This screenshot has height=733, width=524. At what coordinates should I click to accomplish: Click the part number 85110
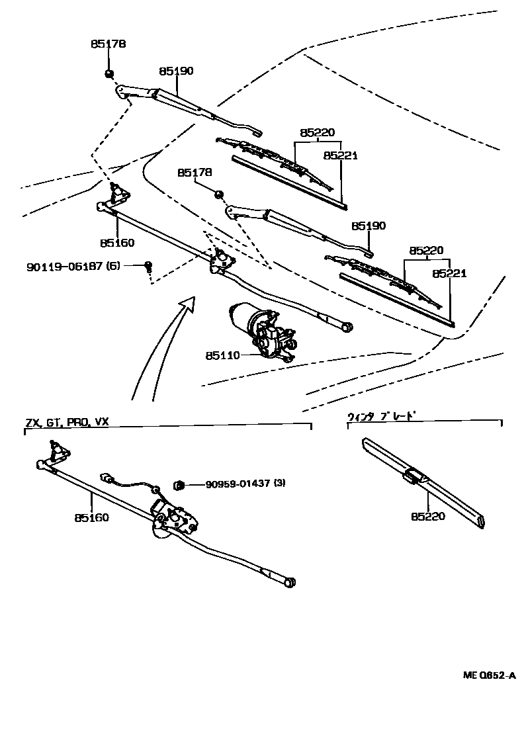point(222,355)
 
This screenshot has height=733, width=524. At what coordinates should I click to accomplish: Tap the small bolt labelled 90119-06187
point(149,266)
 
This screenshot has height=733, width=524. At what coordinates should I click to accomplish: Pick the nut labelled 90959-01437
point(178,486)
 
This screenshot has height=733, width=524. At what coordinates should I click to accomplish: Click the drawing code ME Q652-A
point(488,675)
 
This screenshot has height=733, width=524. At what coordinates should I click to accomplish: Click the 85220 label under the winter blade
point(427,517)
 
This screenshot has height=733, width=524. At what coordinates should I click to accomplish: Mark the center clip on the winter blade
point(415,476)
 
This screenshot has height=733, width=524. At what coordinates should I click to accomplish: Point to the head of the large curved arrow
point(189,304)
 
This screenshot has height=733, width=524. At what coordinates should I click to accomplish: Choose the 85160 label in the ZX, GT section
point(92,517)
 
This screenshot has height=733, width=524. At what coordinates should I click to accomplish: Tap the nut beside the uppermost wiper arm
point(109,73)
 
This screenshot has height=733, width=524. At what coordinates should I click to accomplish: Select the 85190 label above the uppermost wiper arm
point(176,71)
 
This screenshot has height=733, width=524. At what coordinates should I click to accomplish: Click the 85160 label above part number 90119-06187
point(117,243)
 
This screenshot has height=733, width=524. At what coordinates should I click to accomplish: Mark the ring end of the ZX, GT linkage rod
point(290,582)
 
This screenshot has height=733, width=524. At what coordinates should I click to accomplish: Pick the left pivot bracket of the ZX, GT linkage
point(59,453)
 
